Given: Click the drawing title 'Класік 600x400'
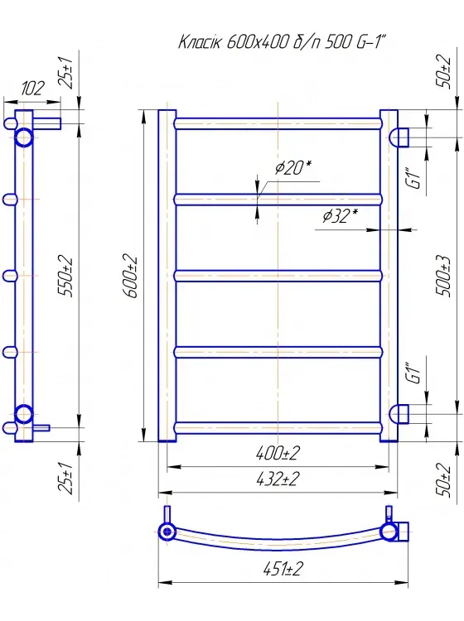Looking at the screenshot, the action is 233,42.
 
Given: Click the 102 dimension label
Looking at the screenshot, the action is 32,89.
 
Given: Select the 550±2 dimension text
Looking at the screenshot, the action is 65,277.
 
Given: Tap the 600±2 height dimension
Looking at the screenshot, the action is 130,276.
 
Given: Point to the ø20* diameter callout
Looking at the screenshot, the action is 293,168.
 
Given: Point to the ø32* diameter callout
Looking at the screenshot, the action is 340,216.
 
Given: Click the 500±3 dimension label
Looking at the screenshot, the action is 443,276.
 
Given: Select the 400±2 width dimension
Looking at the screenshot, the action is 278,453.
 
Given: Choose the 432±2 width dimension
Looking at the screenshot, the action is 278,479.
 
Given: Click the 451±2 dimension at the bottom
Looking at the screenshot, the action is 283,569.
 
